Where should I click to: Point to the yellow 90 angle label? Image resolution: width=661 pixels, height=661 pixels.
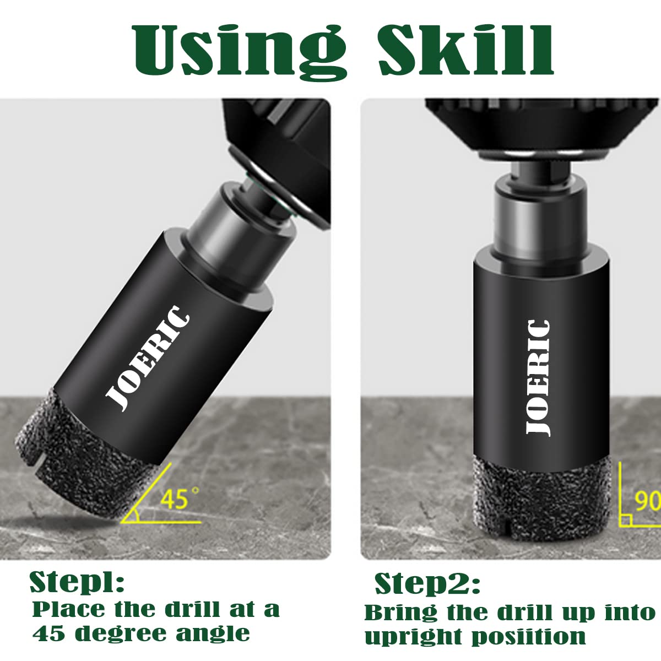point(647,501)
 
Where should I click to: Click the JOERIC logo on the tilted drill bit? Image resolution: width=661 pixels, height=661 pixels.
point(147,358)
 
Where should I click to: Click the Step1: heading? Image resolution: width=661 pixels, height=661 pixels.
point(77,582)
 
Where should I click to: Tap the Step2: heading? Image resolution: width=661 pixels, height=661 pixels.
point(427,583)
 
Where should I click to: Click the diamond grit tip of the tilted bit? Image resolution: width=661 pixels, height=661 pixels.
point(82,459)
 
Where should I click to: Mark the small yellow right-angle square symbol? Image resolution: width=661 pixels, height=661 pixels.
point(625,520)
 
